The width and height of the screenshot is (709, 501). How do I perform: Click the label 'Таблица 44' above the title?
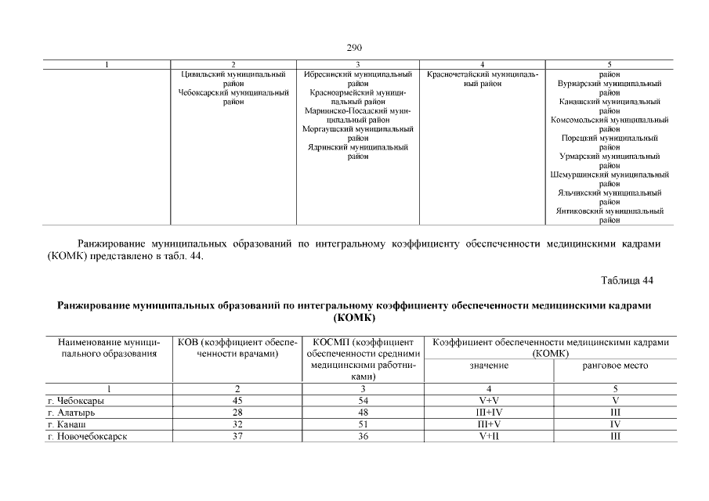(627, 280)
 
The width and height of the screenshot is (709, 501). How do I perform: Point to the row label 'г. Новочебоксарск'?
(86, 437)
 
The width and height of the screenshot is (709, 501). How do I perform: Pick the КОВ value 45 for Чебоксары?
(237, 402)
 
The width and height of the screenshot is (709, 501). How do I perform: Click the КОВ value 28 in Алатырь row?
(237, 413)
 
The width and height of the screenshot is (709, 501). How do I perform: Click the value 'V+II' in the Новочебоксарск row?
(489, 437)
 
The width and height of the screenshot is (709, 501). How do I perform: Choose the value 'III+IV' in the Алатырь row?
(489, 413)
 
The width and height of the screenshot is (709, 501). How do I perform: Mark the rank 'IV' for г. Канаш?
(615, 425)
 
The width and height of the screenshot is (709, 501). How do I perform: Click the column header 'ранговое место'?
(615, 366)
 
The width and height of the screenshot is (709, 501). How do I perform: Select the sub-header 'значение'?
(489, 366)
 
